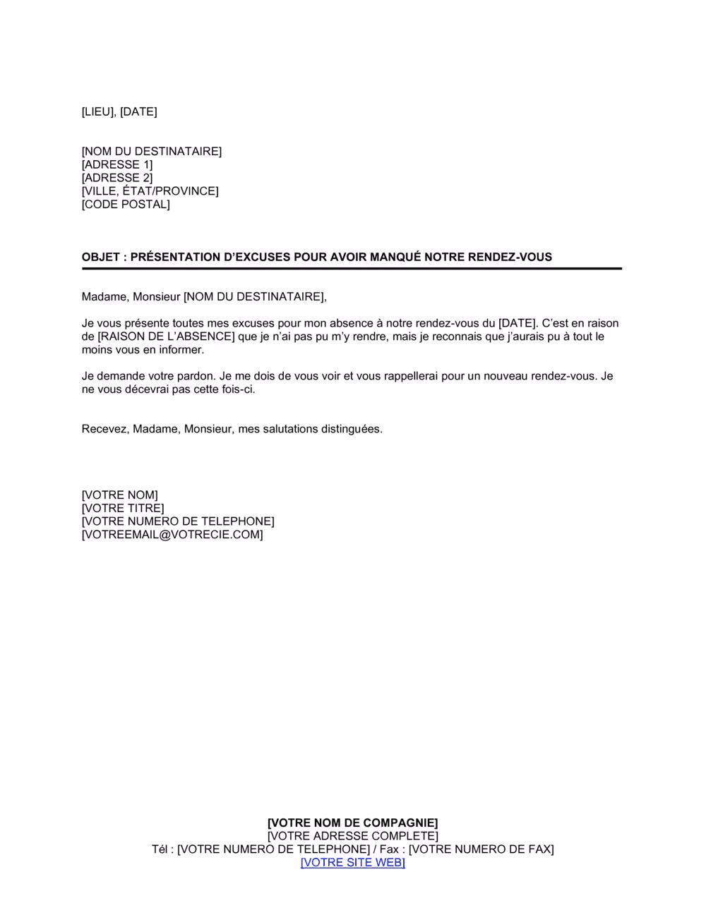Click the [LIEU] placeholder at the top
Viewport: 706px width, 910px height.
[99, 111]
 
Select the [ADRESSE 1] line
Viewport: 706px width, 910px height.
[117, 164]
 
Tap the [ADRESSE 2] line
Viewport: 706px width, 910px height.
[117, 178]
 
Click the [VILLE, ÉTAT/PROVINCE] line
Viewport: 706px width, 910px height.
[150, 191]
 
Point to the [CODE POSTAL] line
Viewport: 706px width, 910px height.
[126, 205]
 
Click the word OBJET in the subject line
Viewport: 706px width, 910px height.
[101, 257]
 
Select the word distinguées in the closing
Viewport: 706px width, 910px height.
[352, 429]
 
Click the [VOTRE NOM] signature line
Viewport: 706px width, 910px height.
[120, 495]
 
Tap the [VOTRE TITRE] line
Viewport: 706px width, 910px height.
[123, 509]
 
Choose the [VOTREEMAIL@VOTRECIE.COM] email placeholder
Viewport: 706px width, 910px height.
[172, 535]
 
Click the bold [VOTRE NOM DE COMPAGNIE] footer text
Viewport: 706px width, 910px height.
[353, 823]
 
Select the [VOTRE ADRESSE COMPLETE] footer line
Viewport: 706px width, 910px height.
[353, 836]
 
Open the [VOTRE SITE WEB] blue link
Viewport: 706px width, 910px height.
[353, 863]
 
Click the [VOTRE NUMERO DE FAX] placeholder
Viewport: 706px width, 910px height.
[481, 849]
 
